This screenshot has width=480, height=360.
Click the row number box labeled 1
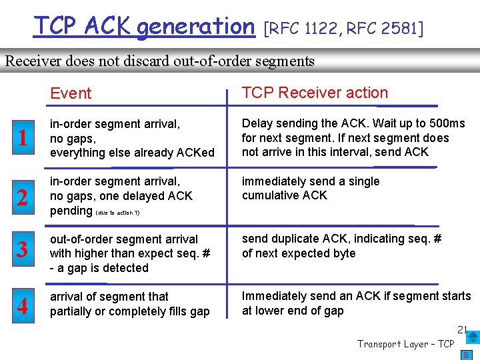[23, 138]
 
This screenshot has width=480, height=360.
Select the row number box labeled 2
[23, 197]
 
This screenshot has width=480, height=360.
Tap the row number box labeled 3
[23, 250]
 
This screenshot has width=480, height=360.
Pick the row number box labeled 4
[23, 307]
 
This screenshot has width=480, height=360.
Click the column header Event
[71, 93]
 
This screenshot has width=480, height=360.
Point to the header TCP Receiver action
[315, 93]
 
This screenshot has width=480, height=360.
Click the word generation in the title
[196, 27]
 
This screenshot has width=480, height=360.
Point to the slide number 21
[462, 329]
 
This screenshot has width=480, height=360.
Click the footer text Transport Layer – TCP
[405, 344]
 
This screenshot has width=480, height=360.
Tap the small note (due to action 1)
[118, 213]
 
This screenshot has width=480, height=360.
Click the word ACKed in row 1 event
[199, 152]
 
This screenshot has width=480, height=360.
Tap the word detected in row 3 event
[126, 268]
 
